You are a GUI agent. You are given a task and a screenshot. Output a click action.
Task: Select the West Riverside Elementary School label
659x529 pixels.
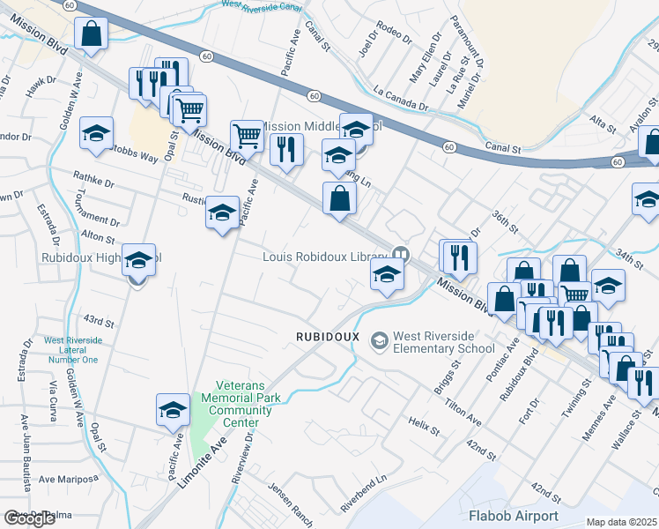(x=443, y=342)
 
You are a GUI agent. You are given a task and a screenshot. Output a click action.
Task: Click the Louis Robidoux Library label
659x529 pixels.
(x=325, y=257)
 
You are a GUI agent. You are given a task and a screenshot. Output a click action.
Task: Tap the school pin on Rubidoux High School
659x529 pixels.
(x=138, y=261)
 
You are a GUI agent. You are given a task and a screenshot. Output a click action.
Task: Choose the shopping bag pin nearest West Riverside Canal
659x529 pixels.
(x=91, y=35)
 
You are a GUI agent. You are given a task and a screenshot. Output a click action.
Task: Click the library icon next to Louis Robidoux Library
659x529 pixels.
(x=401, y=254)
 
